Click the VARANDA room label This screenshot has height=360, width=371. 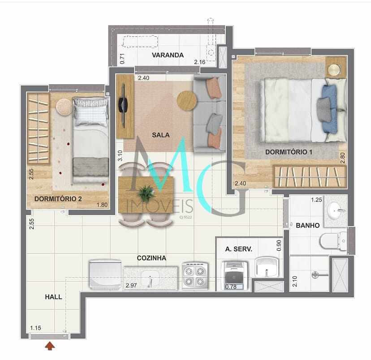(x=168, y=55)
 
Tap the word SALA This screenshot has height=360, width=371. (x=161, y=135)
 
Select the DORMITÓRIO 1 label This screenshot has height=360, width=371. (x=289, y=152)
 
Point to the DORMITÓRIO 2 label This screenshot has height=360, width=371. (x=58, y=199)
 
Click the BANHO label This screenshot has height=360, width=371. (x=307, y=226)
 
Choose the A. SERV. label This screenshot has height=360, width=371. (x=238, y=249)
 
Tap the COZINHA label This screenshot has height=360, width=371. (x=151, y=258)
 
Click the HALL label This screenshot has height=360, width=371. (x=53, y=297)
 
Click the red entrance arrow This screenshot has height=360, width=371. (x=50, y=346)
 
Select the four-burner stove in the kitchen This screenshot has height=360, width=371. (x=195, y=276)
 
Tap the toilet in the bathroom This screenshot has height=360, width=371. (x=333, y=241)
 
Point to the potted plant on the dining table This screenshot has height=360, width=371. (x=147, y=193)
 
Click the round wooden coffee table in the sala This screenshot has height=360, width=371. (x=187, y=101)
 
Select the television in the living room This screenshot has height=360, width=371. (x=123, y=106)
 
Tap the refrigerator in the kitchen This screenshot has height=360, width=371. (x=105, y=274)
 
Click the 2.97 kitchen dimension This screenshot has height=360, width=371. (x=131, y=286)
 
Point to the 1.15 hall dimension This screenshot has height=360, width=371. (x=35, y=328)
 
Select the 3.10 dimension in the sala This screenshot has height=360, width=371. (x=120, y=155)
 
